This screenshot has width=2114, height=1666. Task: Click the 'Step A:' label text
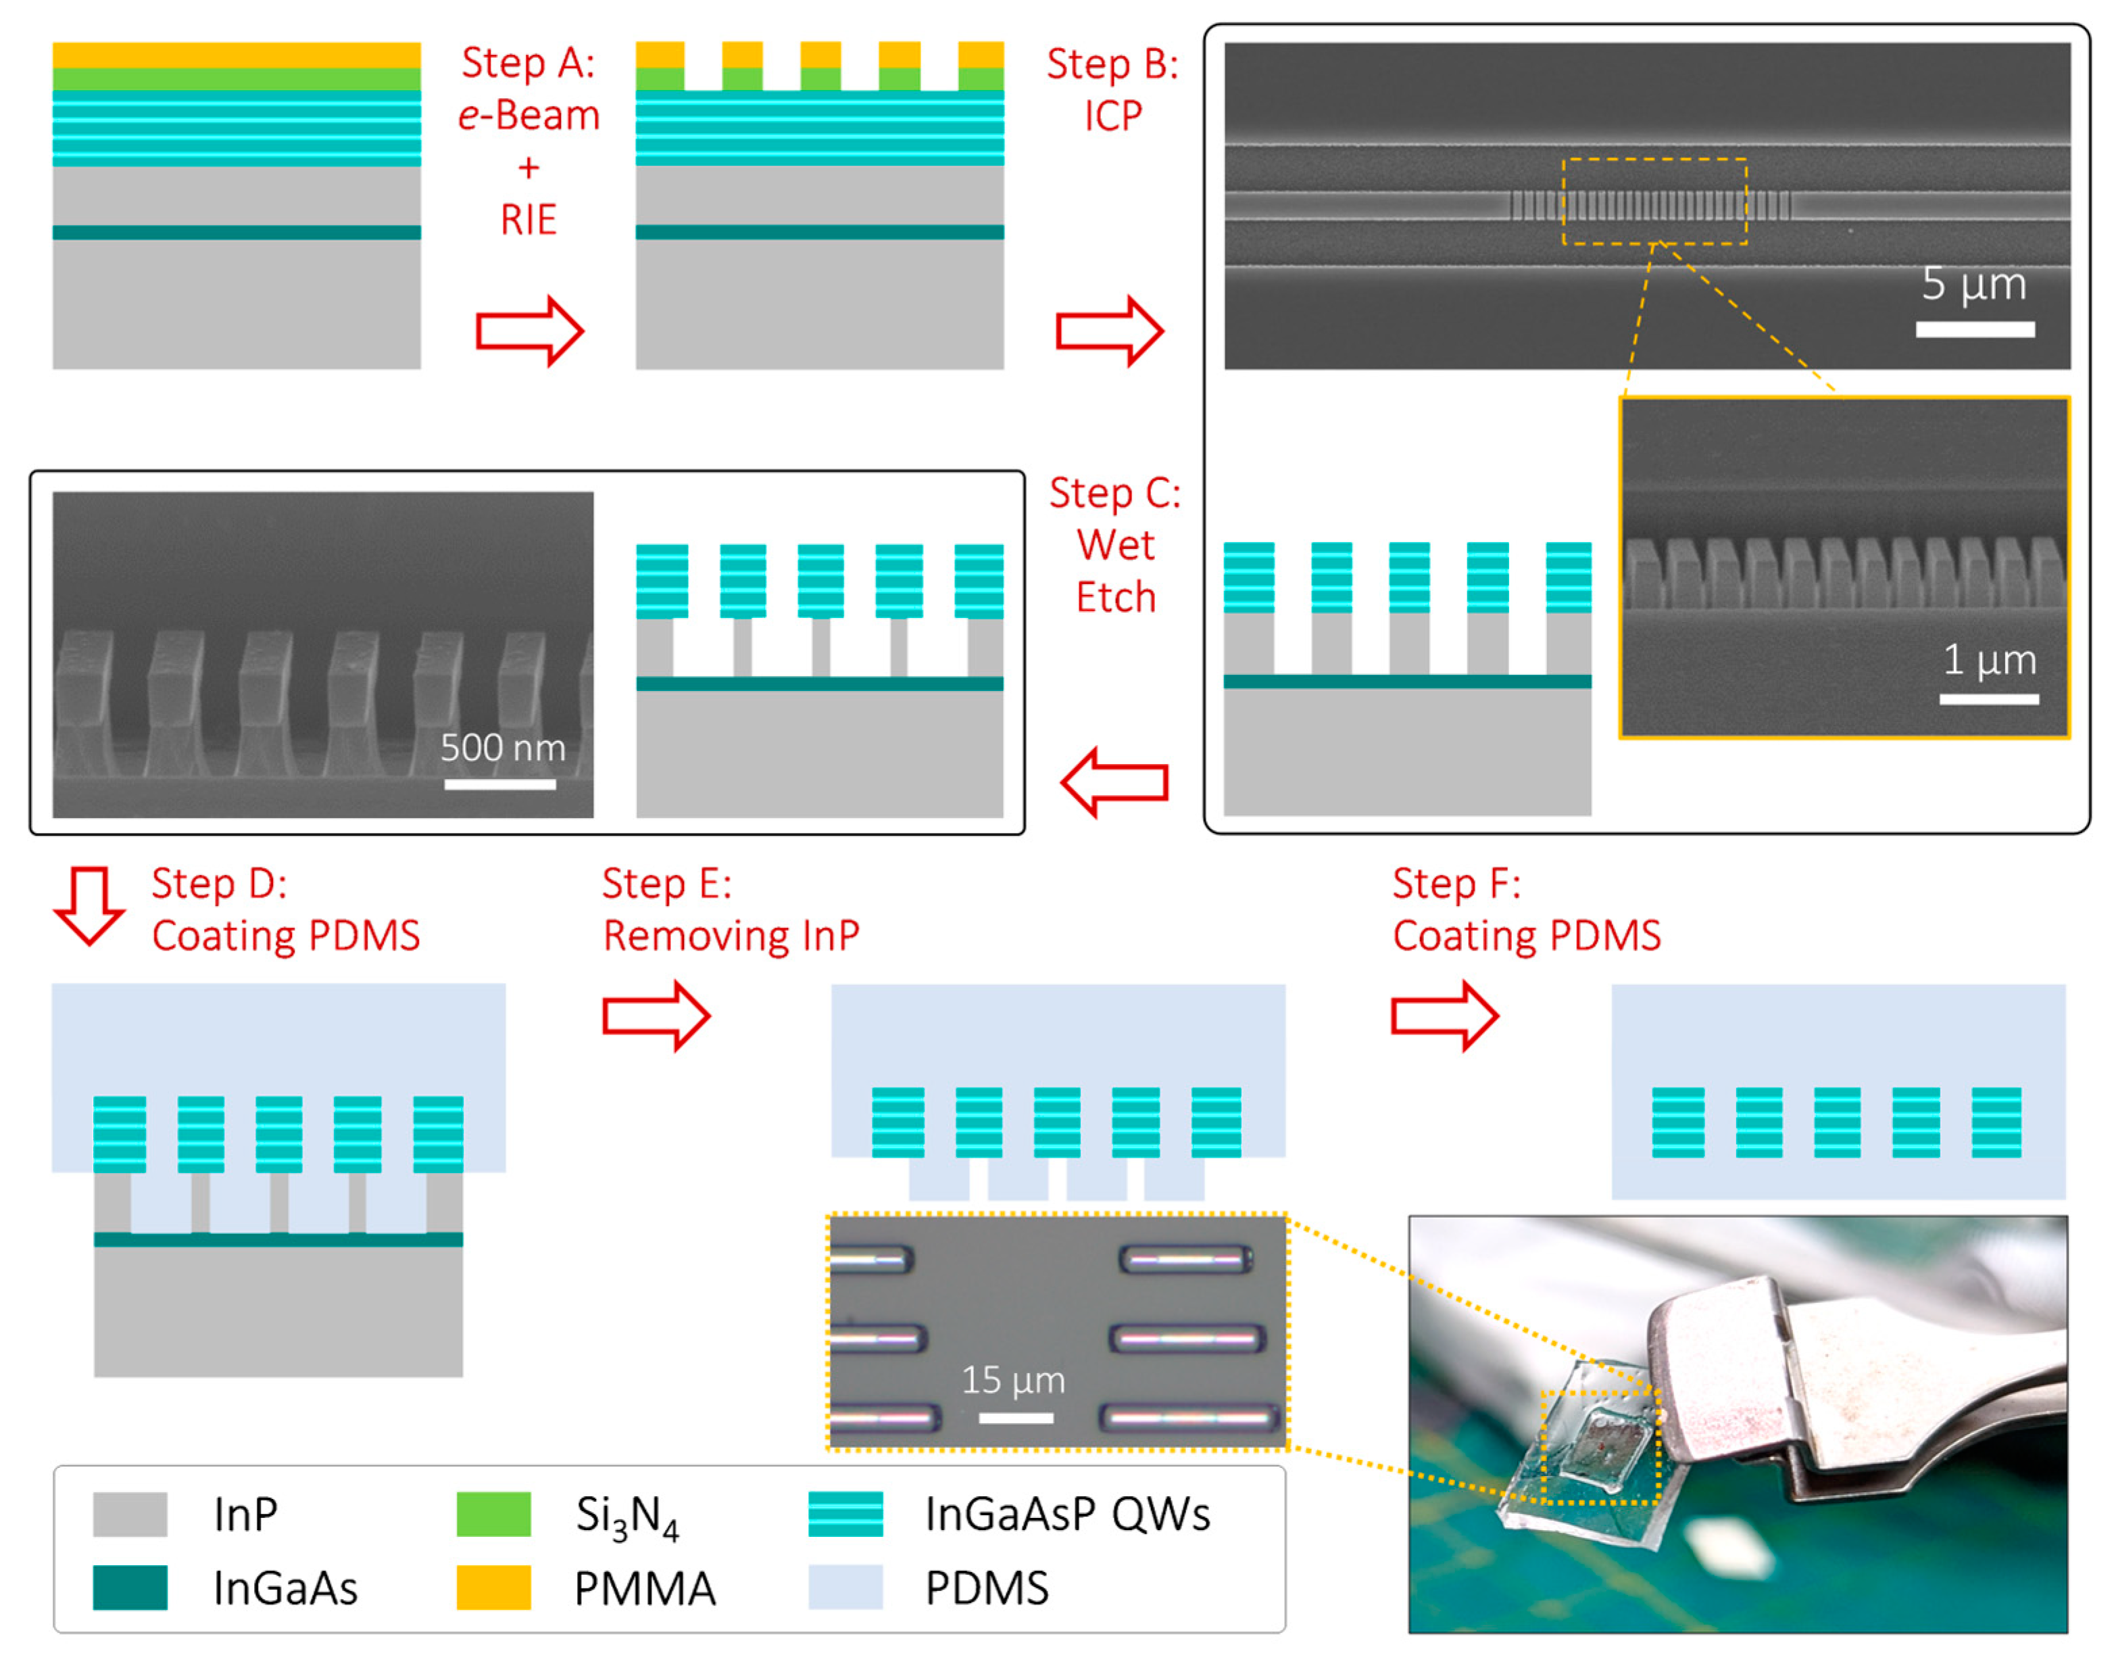click(x=528, y=64)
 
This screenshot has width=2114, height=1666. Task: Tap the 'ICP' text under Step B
click(x=1112, y=116)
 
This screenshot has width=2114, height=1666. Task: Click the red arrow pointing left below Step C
click(x=1114, y=782)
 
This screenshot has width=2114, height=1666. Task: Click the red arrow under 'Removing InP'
click(x=656, y=1016)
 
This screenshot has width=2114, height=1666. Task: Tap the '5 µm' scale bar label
click(x=1973, y=284)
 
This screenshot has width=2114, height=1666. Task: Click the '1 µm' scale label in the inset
click(x=1988, y=661)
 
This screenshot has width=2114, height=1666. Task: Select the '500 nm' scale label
click(x=502, y=748)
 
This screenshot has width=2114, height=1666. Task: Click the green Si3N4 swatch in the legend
click(x=493, y=1514)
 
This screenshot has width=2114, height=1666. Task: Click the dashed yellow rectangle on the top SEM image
click(x=1654, y=201)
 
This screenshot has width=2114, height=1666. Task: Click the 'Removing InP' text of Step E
click(x=731, y=935)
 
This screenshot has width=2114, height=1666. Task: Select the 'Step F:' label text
click(x=1456, y=884)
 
